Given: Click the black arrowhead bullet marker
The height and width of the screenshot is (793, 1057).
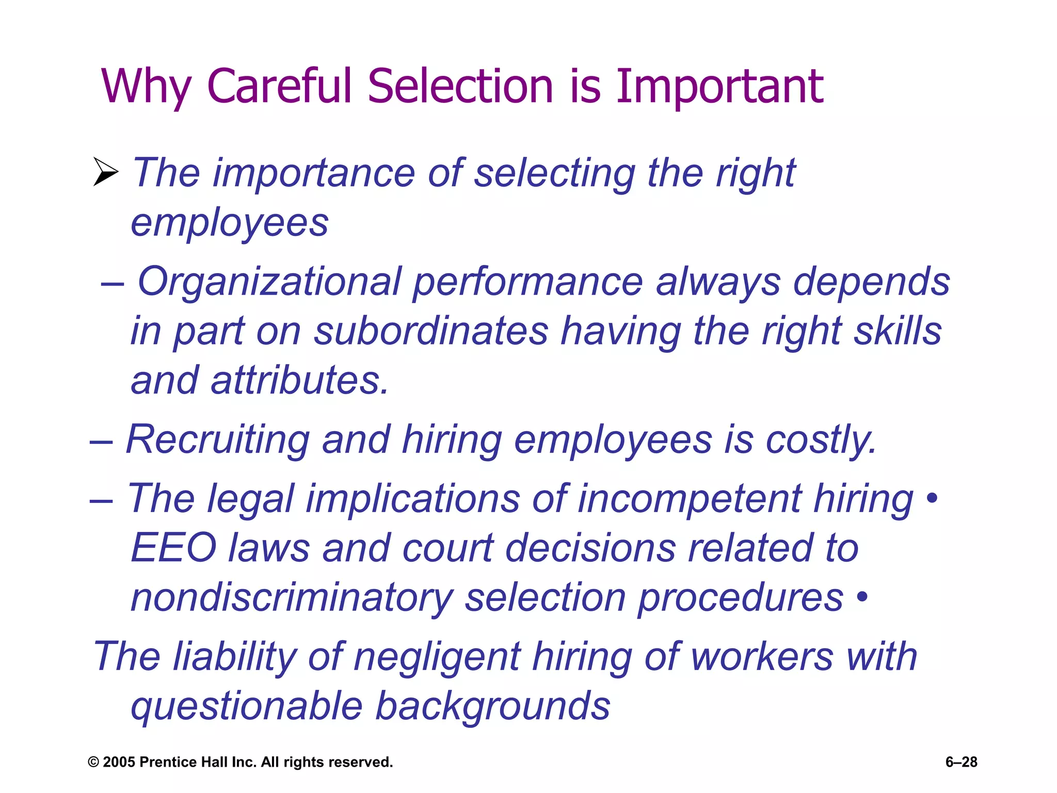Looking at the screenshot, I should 105,171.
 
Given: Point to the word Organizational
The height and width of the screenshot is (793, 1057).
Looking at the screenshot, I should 269,282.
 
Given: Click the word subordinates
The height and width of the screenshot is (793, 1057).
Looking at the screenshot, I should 431,331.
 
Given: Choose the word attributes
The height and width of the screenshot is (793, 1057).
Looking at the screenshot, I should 299,380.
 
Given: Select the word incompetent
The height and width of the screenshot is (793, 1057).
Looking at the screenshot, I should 690,499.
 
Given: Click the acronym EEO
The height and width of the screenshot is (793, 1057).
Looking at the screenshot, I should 173,548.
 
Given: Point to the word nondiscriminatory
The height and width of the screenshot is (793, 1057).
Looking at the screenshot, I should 292,598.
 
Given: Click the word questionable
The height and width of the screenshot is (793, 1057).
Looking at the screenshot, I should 247,707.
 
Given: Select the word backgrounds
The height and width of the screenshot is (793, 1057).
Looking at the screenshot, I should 493,707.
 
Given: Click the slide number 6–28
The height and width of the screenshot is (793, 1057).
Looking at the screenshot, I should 961,762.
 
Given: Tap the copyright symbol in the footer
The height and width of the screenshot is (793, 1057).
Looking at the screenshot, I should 93,763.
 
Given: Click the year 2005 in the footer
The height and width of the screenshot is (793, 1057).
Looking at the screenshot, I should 119,763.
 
